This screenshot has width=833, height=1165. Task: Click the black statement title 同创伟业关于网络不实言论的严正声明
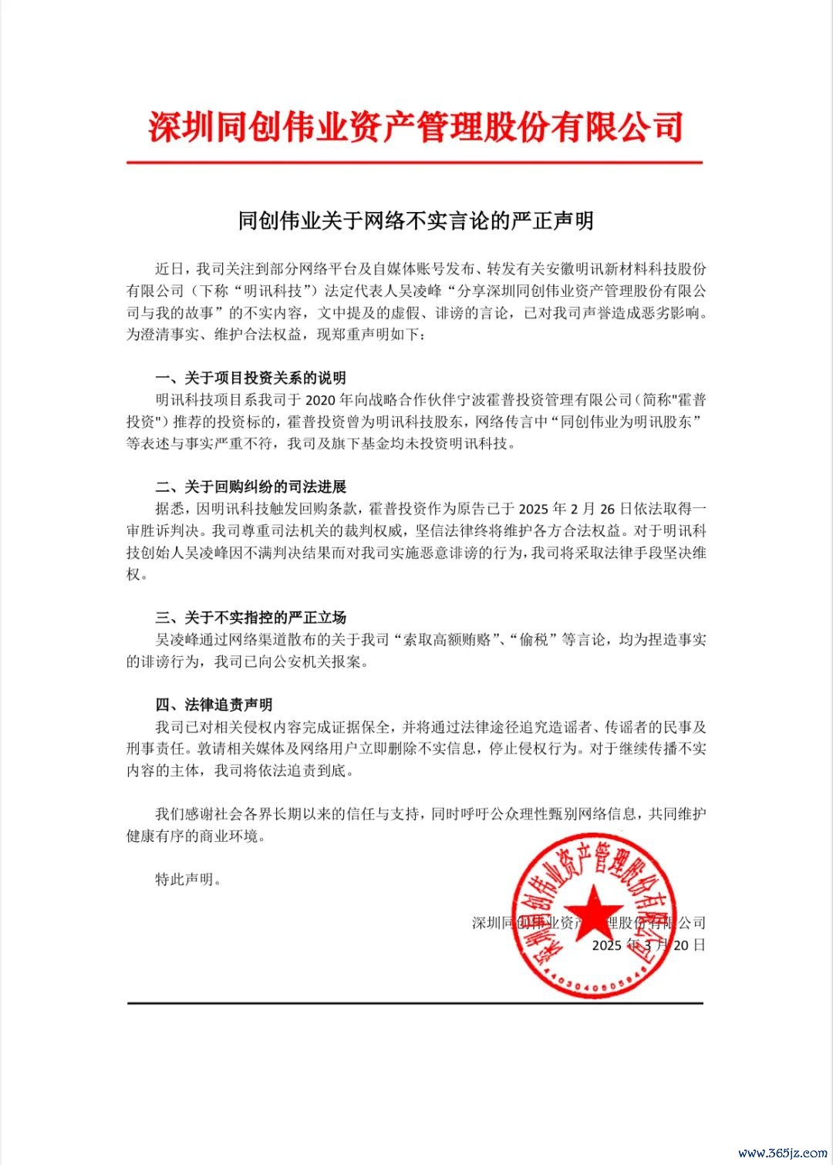point(416,221)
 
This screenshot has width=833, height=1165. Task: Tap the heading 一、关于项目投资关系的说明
point(251,378)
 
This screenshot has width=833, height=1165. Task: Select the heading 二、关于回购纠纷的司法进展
point(251,487)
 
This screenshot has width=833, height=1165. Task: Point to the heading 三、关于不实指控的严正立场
point(251,617)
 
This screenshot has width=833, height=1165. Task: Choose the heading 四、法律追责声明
point(214,705)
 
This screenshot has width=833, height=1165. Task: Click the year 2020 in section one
point(322,400)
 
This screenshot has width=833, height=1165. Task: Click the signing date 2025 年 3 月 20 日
point(648,945)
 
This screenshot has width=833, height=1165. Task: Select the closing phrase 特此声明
point(188,880)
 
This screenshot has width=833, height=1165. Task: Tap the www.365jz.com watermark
point(783,1153)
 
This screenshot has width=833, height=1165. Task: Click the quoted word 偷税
point(534,640)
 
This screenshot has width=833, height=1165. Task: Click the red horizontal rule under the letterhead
point(414,163)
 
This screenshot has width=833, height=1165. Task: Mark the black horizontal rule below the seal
point(414,1003)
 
